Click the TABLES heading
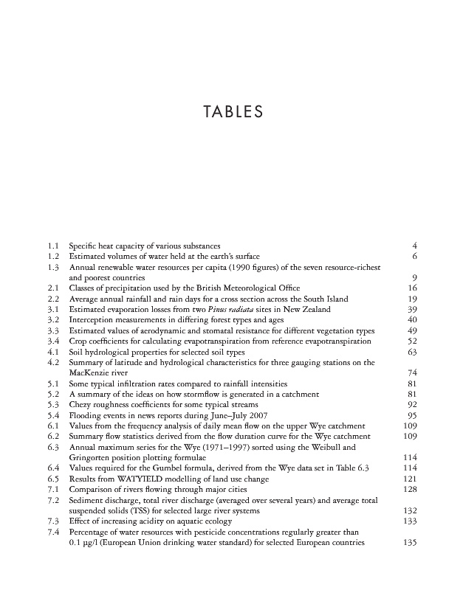click(232, 113)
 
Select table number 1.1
click(52, 245)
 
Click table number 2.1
click(52, 288)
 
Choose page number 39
click(414, 309)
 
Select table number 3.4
click(52, 341)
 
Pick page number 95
click(414, 416)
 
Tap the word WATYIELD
click(129, 479)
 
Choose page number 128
click(411, 490)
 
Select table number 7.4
click(52, 532)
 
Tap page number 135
click(411, 544)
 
